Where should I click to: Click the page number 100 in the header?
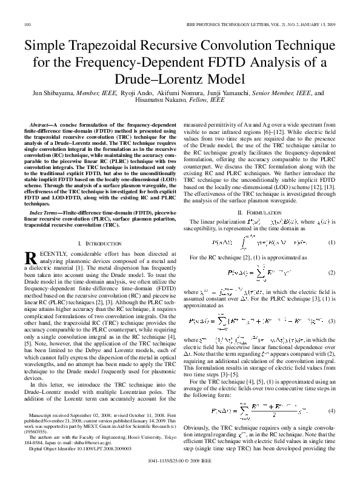27,24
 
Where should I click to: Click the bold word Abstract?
40,123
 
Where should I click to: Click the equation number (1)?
332,242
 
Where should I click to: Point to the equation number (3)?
332,319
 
